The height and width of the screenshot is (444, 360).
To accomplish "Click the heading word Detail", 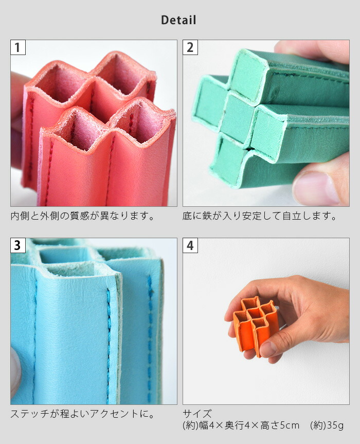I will click(178, 21).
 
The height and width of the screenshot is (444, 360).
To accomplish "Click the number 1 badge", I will click(18, 48).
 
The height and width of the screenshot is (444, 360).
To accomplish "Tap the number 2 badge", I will click(190, 48).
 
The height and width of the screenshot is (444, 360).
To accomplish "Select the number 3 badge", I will click(18, 245).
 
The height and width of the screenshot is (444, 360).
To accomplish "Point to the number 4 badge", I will click(190, 245).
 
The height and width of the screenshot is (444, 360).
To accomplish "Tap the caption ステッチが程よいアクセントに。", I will click(83, 414).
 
